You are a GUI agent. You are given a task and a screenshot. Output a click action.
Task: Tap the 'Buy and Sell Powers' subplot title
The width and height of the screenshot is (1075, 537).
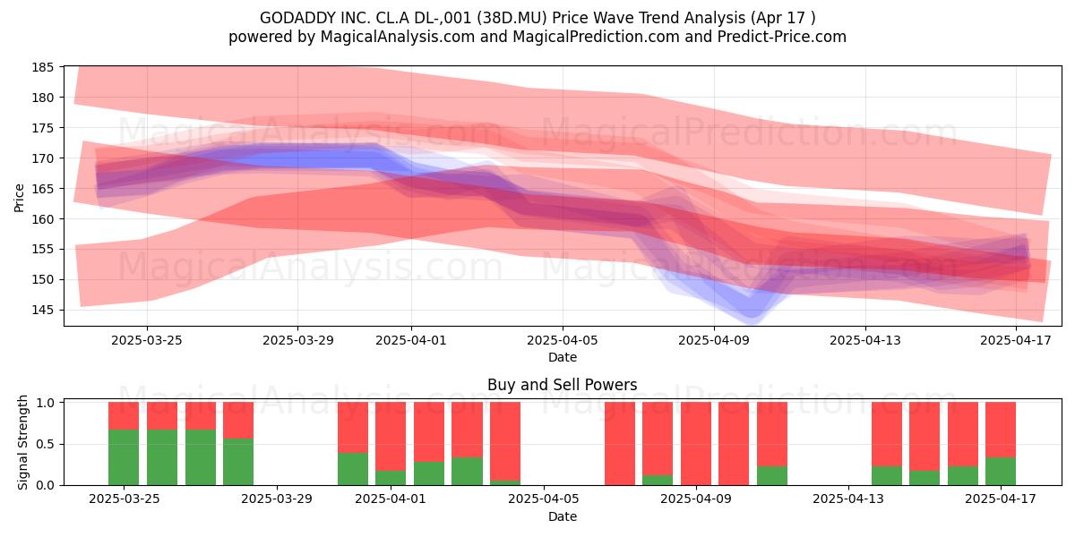pos(562,385)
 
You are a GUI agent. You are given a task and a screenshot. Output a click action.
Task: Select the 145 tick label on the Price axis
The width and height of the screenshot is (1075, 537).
pos(43,311)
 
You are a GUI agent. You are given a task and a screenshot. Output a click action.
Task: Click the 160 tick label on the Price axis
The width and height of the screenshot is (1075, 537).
pos(43,219)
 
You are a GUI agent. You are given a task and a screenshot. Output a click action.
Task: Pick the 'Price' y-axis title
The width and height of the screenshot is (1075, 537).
pos(19,198)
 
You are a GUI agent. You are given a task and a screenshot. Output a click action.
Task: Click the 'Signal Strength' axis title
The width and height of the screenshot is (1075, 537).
pos(22,442)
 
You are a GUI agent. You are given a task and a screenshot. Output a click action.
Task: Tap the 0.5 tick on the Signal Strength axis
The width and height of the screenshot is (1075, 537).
pos(45,444)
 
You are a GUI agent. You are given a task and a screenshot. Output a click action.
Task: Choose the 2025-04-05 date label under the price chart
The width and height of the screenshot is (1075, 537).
pos(563,340)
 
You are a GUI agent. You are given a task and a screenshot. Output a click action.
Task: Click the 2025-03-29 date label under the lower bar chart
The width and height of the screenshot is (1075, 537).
pos(277,499)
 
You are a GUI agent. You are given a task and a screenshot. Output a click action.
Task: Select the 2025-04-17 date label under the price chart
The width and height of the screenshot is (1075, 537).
pos(1016,340)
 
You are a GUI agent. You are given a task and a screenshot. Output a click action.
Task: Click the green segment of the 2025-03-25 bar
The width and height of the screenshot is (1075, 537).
pos(124,457)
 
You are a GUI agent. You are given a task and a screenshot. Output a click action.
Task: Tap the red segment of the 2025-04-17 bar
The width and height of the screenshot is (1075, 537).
pos(1001,430)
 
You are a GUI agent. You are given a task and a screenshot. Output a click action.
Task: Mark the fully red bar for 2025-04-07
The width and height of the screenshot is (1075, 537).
pos(620,444)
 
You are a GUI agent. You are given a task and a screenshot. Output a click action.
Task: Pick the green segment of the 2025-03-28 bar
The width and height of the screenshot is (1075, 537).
pos(238,462)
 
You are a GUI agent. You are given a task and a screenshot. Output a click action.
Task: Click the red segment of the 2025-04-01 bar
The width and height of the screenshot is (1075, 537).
pos(391,437)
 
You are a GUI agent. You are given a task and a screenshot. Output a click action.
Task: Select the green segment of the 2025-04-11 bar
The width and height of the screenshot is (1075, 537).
pos(772,475)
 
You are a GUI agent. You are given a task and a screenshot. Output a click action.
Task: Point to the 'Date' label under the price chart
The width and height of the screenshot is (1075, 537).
pos(563,357)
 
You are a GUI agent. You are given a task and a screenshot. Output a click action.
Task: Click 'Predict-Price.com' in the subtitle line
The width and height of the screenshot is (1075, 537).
pos(782,37)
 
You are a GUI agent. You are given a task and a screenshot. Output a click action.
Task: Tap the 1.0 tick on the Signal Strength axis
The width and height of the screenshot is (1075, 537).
pos(45,402)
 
